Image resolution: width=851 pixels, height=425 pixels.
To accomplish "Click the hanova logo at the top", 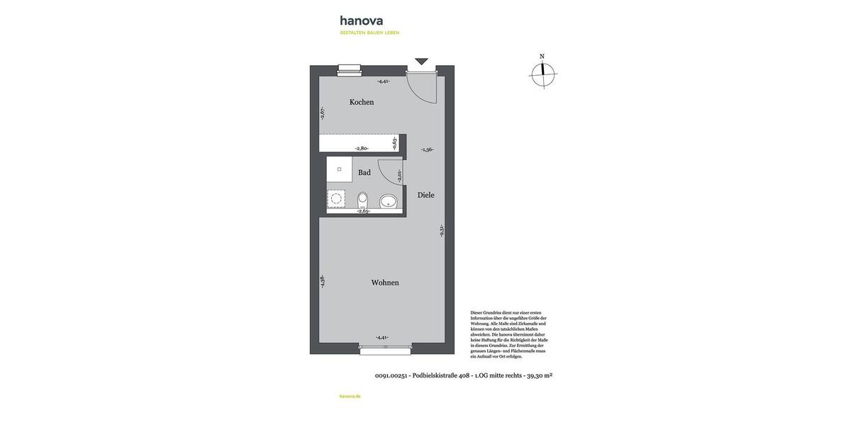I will pos(362,21).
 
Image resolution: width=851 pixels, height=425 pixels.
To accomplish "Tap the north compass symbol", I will pos(543,73).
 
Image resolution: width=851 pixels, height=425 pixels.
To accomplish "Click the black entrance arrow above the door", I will pos(422,62).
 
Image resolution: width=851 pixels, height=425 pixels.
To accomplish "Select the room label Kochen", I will pos(362,102).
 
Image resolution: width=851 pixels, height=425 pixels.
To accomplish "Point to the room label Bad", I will pos(364,172).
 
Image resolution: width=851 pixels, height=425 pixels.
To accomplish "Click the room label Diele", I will pos(425,195).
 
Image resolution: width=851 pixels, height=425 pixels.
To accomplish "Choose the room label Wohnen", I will pos(385,283).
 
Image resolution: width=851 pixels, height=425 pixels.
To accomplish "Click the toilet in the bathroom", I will pos(363,199).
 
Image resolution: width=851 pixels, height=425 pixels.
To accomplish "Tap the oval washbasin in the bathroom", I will pos(389,202).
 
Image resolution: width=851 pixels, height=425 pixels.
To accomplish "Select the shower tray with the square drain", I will pos(339,170).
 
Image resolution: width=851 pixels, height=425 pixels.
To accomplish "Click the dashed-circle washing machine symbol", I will pos(336,198).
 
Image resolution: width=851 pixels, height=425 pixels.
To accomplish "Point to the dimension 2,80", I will pos(362,148).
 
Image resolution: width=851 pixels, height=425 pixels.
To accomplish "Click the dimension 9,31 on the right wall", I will pos(441,230).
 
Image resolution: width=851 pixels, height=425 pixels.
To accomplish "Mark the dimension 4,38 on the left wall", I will pos(323,280).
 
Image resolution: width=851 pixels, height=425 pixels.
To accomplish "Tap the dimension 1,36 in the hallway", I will pos(427,149).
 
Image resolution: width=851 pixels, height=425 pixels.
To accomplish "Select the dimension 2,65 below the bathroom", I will pos(364,211).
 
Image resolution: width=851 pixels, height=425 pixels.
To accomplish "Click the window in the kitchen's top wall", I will pos(349,69).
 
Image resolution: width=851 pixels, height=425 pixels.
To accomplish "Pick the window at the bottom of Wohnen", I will pos(385,349).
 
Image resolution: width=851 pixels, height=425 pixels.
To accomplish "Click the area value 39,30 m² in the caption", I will pos(540,375).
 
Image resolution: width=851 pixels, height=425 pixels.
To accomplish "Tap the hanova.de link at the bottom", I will pos(350,396).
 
